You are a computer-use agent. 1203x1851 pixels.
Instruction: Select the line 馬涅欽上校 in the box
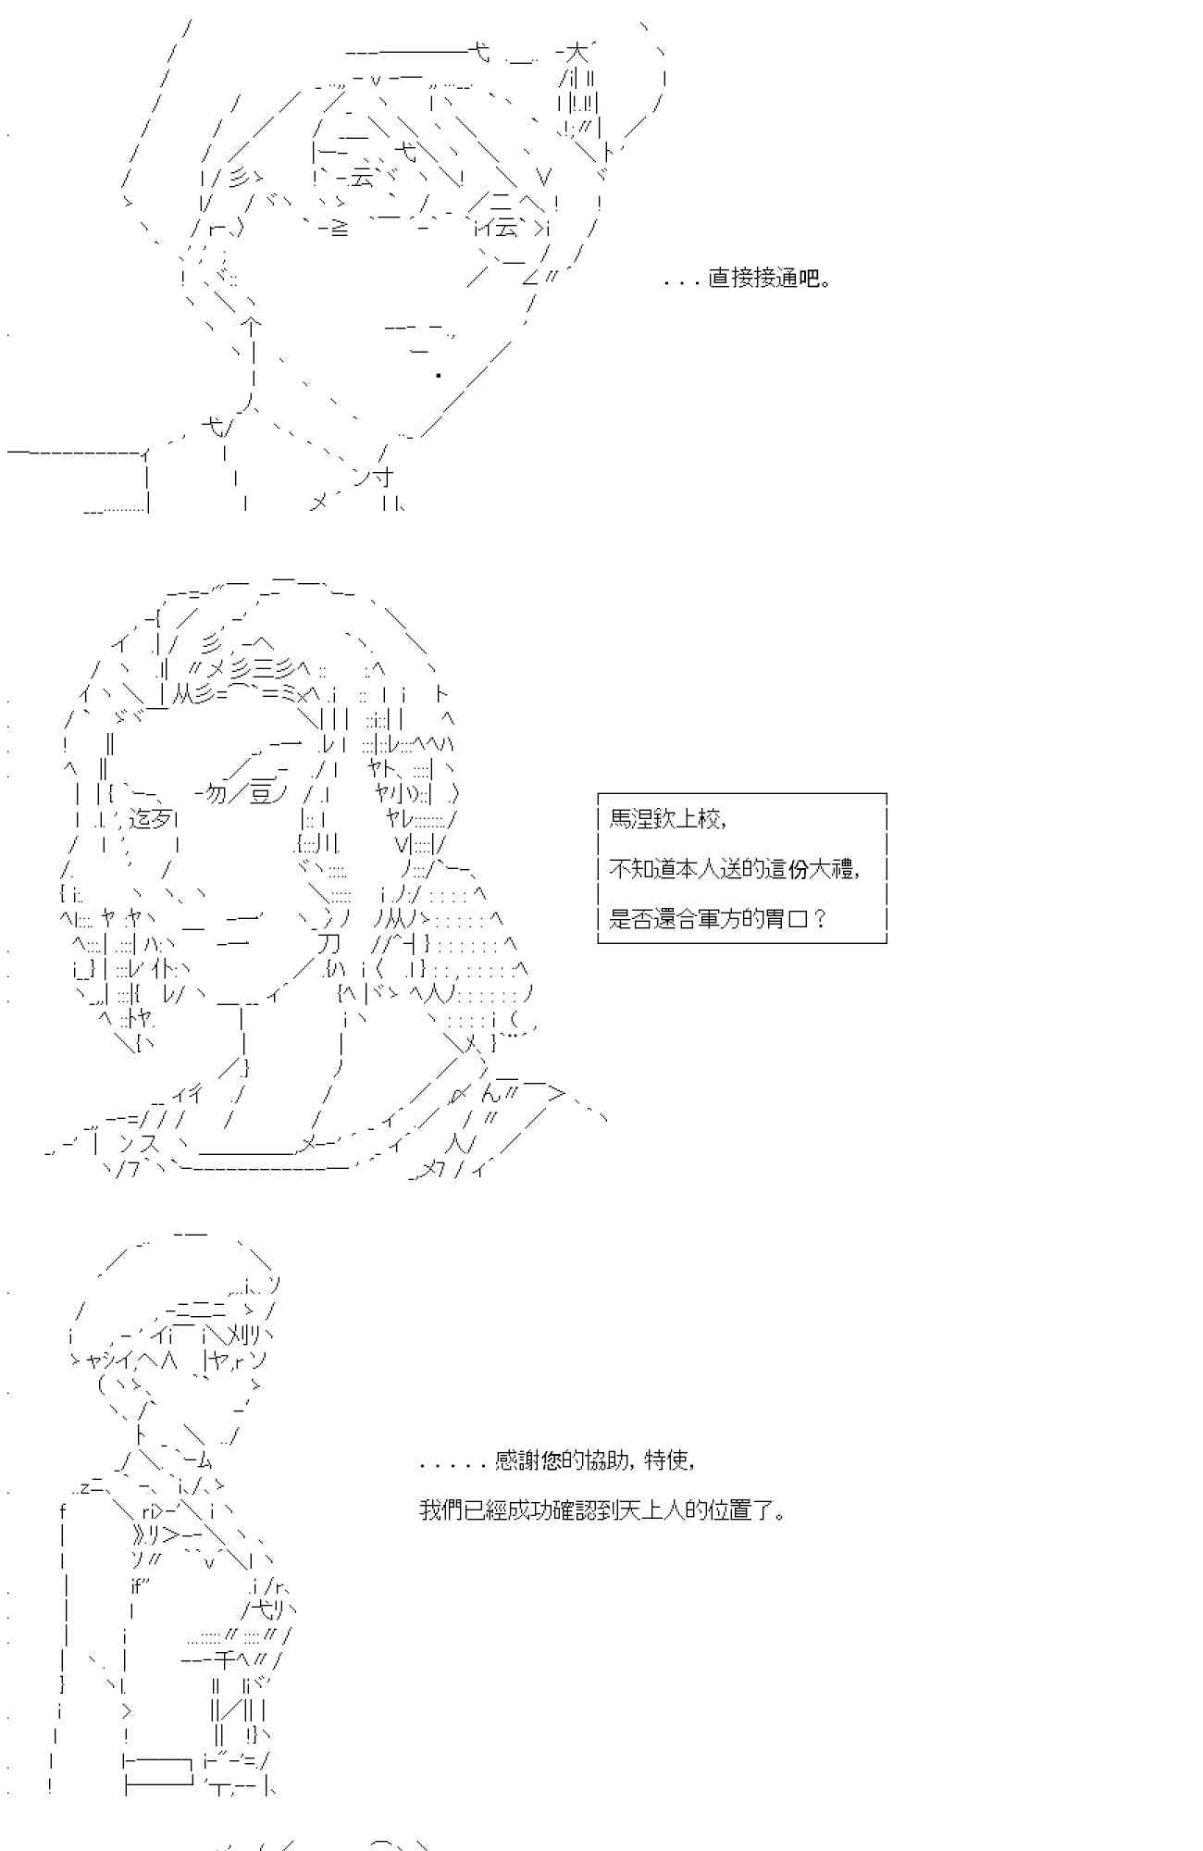pyautogui.click(x=666, y=819)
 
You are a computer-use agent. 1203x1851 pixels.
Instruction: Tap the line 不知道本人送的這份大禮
pyautogui.click(x=735, y=869)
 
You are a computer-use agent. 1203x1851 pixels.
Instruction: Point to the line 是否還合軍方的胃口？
pyautogui.click(x=718, y=919)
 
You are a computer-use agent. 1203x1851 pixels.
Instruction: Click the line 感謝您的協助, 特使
pyautogui.click(x=557, y=1460)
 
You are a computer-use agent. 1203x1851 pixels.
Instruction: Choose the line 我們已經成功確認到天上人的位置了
pyautogui.click(x=602, y=1510)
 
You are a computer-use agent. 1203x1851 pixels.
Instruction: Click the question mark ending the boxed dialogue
pyautogui.click(x=819, y=919)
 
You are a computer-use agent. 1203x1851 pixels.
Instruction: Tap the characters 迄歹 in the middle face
pyautogui.click(x=151, y=818)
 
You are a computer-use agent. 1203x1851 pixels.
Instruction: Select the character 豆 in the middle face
pyautogui.click(x=262, y=793)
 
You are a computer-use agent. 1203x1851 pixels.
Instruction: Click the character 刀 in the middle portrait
pyautogui.click(x=329, y=943)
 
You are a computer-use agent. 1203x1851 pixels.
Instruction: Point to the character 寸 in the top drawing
pyautogui.click(x=384, y=477)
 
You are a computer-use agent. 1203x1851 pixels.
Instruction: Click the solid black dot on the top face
pyautogui.click(x=438, y=375)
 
